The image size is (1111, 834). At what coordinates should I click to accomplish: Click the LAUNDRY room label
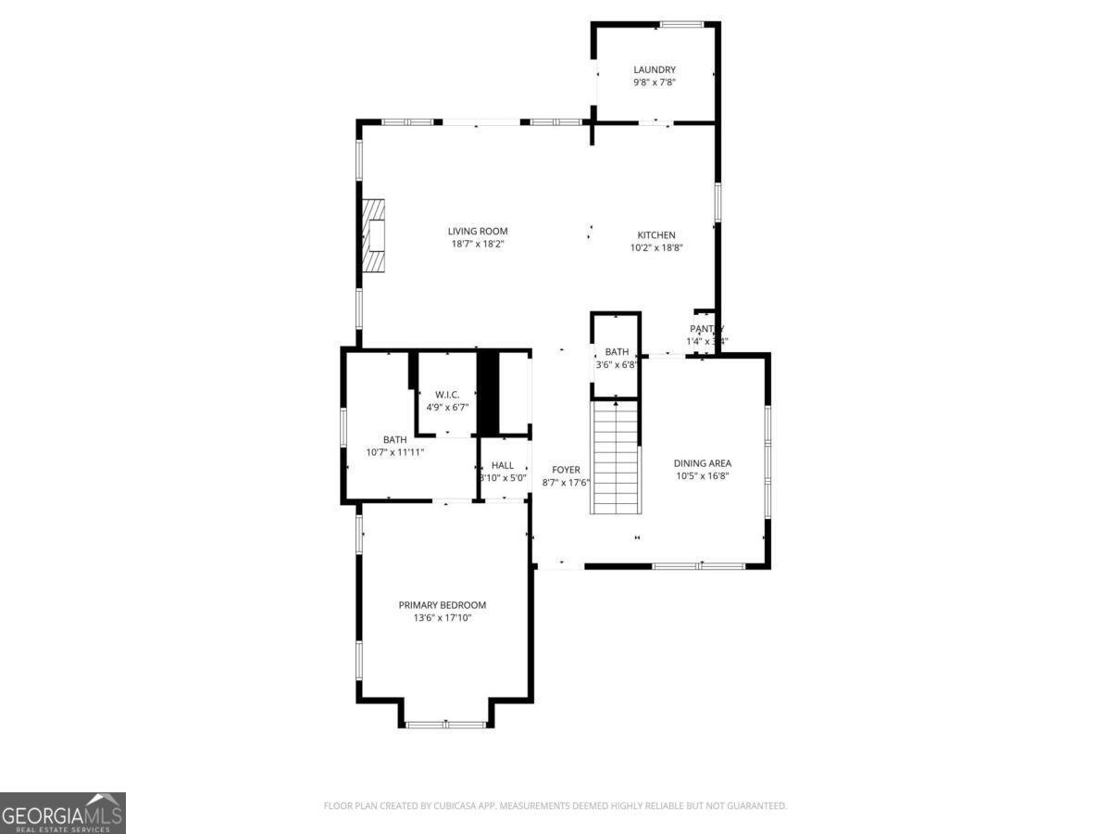pos(655,69)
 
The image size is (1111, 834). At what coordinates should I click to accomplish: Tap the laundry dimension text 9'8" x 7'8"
pos(655,82)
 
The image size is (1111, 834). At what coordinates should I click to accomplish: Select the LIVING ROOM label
pos(478,232)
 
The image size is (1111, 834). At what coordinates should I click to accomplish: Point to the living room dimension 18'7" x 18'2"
pos(478,245)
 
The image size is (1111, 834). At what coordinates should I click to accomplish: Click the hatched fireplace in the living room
pos(373,235)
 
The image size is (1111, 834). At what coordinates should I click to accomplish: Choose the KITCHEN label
pos(656,235)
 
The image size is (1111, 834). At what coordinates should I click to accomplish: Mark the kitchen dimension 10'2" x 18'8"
pos(656,248)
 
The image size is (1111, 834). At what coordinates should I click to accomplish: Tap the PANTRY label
pos(706,329)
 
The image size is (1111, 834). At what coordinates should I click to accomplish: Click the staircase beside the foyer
pos(616,456)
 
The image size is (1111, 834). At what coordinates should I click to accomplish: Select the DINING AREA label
pos(703,463)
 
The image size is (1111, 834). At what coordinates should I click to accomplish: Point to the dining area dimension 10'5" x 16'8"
pos(703,476)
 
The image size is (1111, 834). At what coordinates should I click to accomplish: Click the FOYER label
pos(566,470)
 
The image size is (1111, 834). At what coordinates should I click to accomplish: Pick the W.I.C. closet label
pos(447,395)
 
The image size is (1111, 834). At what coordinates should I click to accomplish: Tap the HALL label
pos(503,465)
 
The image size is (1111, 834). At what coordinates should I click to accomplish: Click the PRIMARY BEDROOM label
pos(443,605)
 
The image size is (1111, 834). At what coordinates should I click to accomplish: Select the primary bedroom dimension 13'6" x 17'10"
pos(443,618)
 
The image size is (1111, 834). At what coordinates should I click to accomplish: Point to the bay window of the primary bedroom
pos(446,724)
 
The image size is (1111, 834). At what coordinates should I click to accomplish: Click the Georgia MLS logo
pos(63,813)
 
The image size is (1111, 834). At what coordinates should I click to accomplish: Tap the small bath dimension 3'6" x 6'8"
pos(617,364)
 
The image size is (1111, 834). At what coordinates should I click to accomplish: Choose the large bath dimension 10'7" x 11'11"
pos(395,452)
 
